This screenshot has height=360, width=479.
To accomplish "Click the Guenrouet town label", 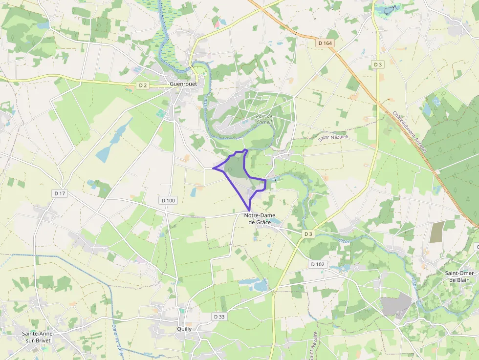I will (x=183, y=84).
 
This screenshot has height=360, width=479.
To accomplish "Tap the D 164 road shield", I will (x=325, y=43).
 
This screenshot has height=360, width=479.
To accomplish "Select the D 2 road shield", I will (x=142, y=85).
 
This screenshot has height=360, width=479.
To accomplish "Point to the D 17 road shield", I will (x=60, y=193).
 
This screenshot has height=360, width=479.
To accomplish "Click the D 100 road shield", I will (x=168, y=200).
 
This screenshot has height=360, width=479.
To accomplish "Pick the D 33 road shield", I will (x=219, y=317).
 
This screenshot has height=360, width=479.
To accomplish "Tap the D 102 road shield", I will (x=317, y=264).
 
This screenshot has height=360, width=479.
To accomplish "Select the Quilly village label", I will (x=184, y=329).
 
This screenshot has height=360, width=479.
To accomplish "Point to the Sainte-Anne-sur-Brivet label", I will (x=37, y=337).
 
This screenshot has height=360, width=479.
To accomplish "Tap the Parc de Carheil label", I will (x=263, y=119).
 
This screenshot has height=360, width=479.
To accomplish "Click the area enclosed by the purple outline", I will (x=237, y=169).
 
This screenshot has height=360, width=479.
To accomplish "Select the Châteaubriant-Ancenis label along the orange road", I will (x=409, y=132).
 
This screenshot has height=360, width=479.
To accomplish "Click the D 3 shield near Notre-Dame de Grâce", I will (x=308, y=234).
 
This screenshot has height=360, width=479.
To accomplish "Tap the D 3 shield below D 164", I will (x=377, y=64).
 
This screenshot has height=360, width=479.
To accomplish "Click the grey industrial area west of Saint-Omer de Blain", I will (x=396, y=305).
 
